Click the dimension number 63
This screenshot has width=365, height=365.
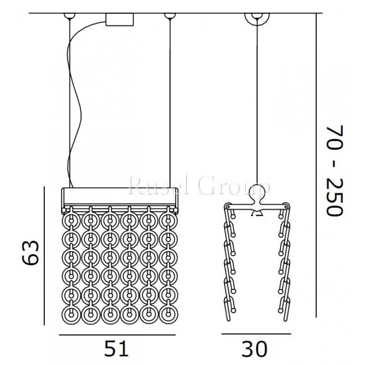click(30, 253)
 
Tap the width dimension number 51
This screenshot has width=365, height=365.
click(116, 348)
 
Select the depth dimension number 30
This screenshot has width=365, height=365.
click(255, 349)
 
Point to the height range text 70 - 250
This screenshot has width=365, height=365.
click(334, 171)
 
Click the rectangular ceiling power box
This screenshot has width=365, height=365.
click(120, 20)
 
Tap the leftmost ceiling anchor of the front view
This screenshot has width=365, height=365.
click(70, 16)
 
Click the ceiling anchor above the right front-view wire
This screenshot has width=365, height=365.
click(170, 16)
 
